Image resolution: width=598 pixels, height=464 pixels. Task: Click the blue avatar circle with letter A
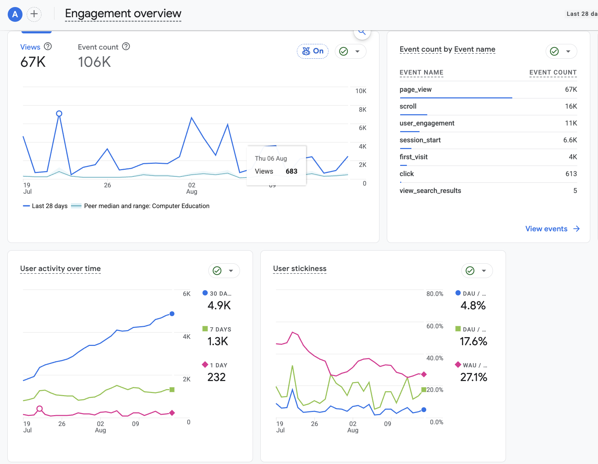(15, 14)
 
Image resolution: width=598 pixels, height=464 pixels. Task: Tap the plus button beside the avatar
(34, 14)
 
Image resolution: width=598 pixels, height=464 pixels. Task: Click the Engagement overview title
(123, 13)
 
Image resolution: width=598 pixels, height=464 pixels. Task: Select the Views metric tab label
(30, 47)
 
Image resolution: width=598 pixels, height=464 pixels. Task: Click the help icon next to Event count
(126, 46)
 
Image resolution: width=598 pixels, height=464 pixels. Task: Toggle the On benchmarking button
(313, 51)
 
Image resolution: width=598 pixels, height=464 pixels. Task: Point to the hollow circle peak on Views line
(59, 114)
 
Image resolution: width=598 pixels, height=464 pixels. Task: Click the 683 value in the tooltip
(292, 171)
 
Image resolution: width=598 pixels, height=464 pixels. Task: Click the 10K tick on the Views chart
(361, 91)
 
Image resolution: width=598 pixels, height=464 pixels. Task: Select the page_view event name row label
(416, 89)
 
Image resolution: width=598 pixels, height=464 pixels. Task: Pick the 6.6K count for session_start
(570, 140)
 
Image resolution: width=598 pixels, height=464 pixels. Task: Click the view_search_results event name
(430, 191)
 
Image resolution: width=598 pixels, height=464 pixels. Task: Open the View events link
(552, 229)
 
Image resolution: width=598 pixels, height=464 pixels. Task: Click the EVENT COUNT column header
(553, 72)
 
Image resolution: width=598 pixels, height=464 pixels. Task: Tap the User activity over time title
(60, 269)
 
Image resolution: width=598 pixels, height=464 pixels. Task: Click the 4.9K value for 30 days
(219, 305)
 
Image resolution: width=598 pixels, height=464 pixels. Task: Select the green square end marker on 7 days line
(172, 389)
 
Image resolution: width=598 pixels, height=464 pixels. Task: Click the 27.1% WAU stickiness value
(474, 377)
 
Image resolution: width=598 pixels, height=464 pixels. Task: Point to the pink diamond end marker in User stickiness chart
(424, 374)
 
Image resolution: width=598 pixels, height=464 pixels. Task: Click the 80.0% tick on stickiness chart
(435, 294)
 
